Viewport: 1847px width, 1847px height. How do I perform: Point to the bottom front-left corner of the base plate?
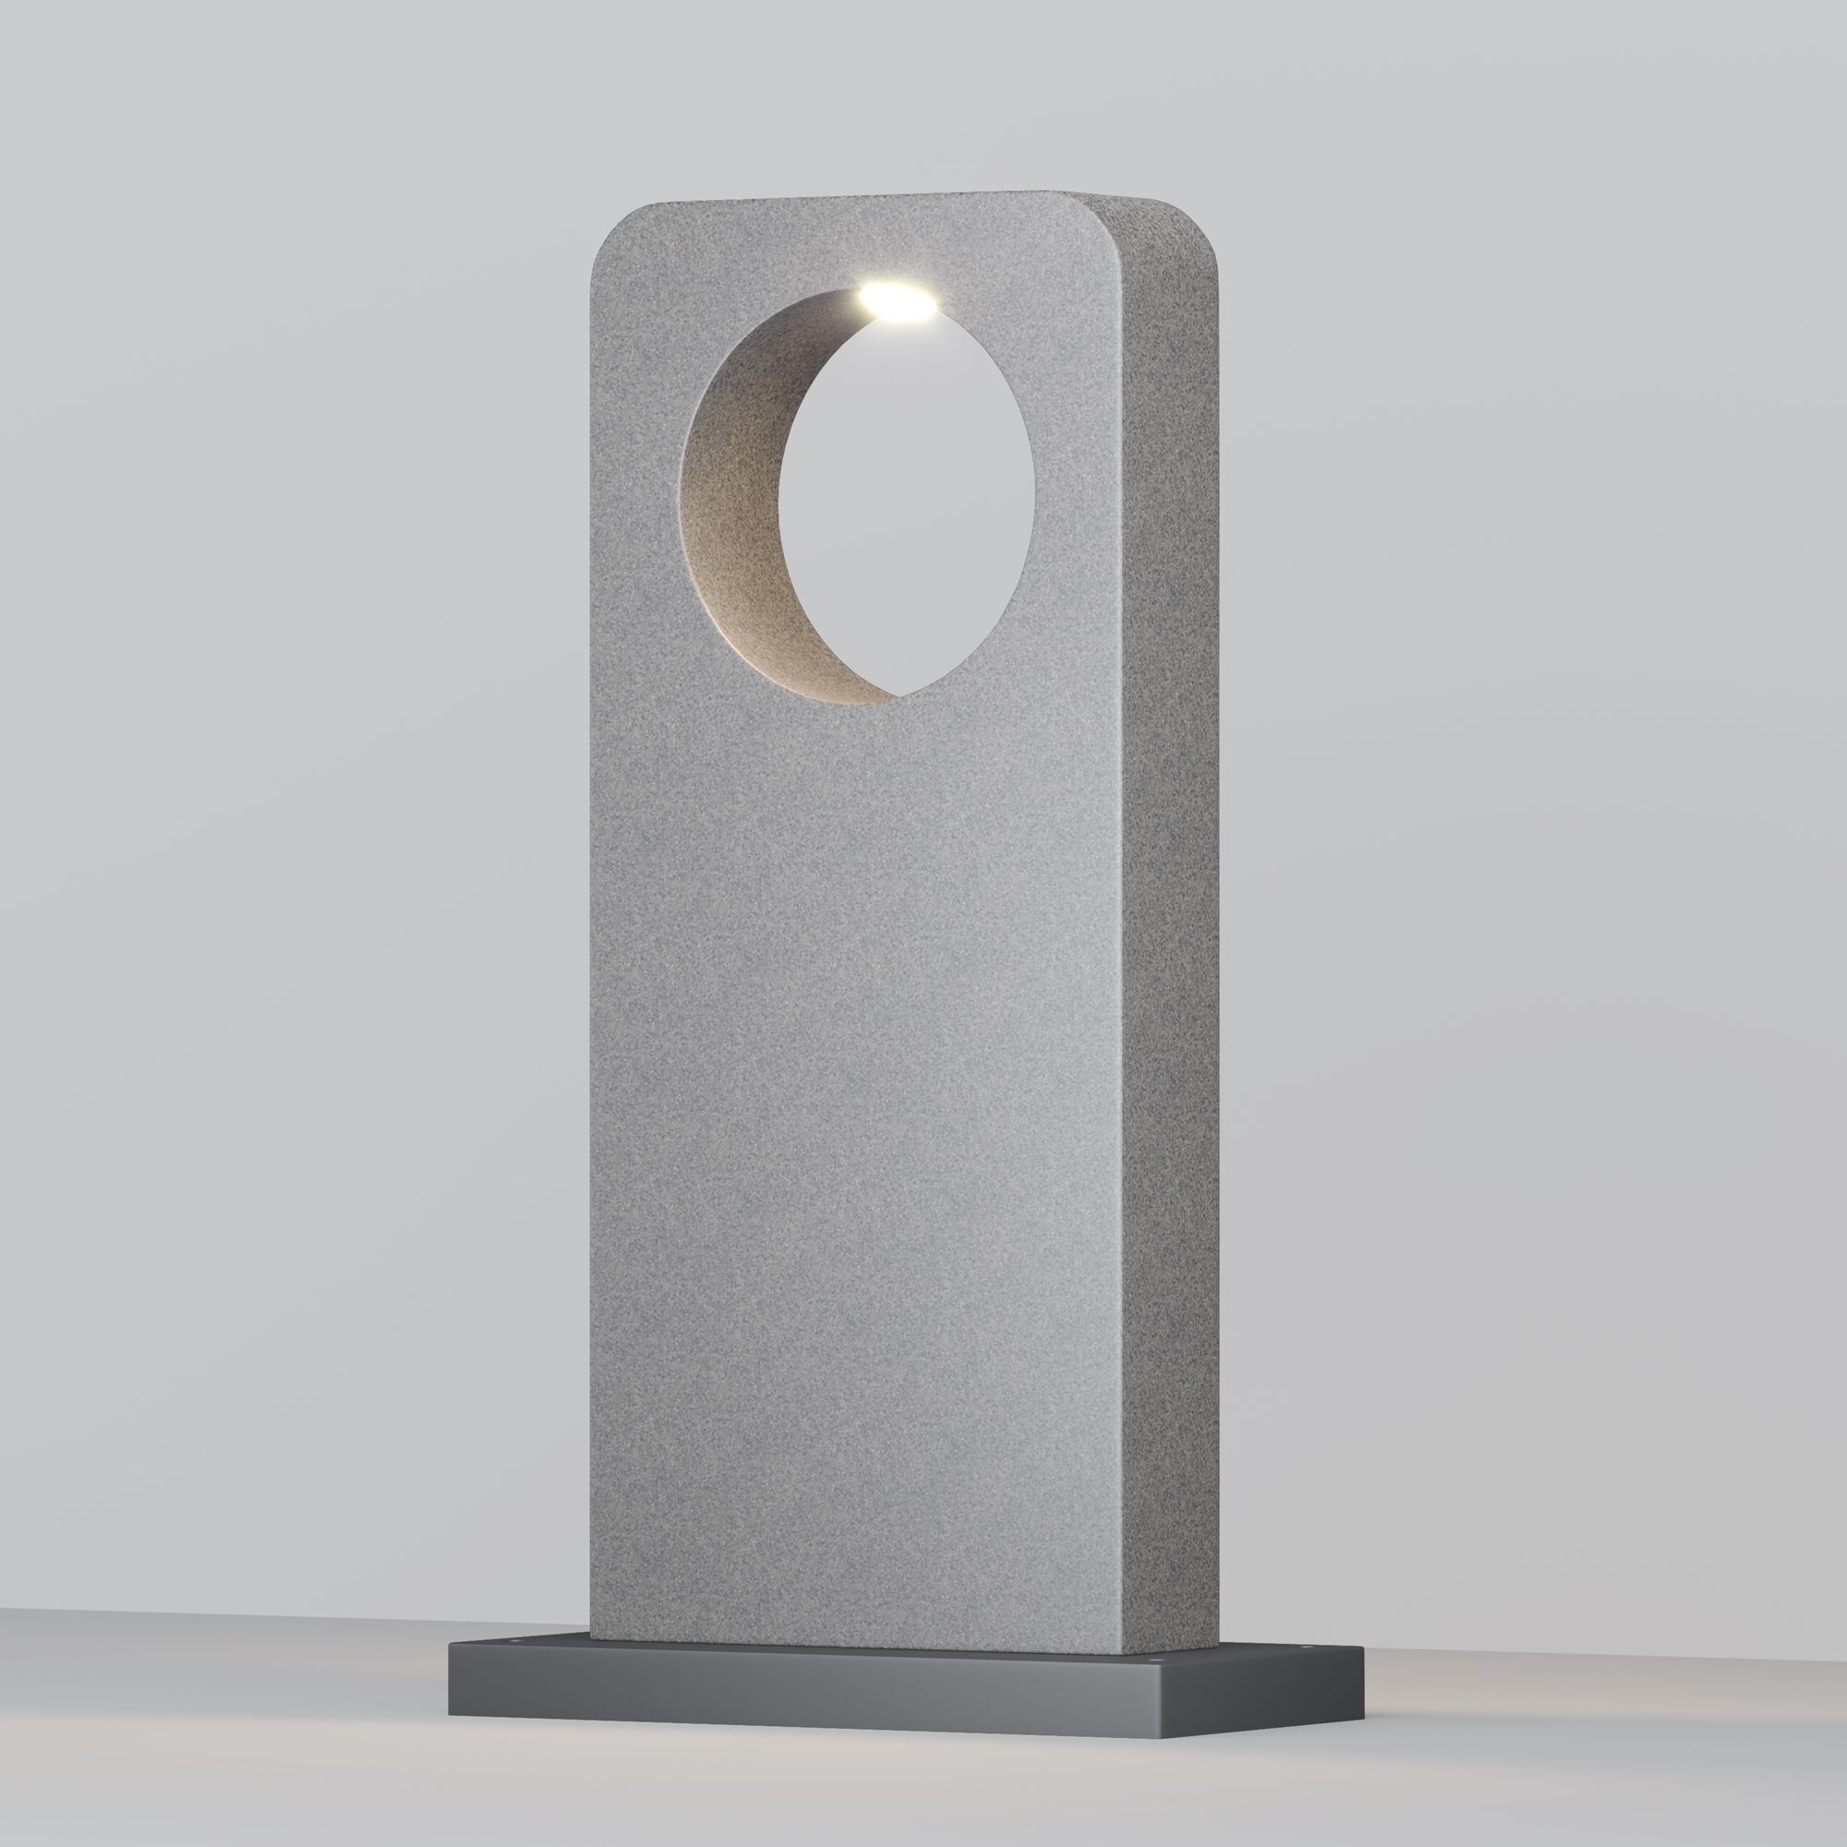(450, 1713)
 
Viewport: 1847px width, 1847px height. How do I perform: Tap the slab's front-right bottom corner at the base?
(1123, 1650)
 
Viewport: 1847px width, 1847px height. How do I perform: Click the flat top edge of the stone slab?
(861, 197)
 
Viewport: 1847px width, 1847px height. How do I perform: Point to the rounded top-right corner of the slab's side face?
(1201, 224)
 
